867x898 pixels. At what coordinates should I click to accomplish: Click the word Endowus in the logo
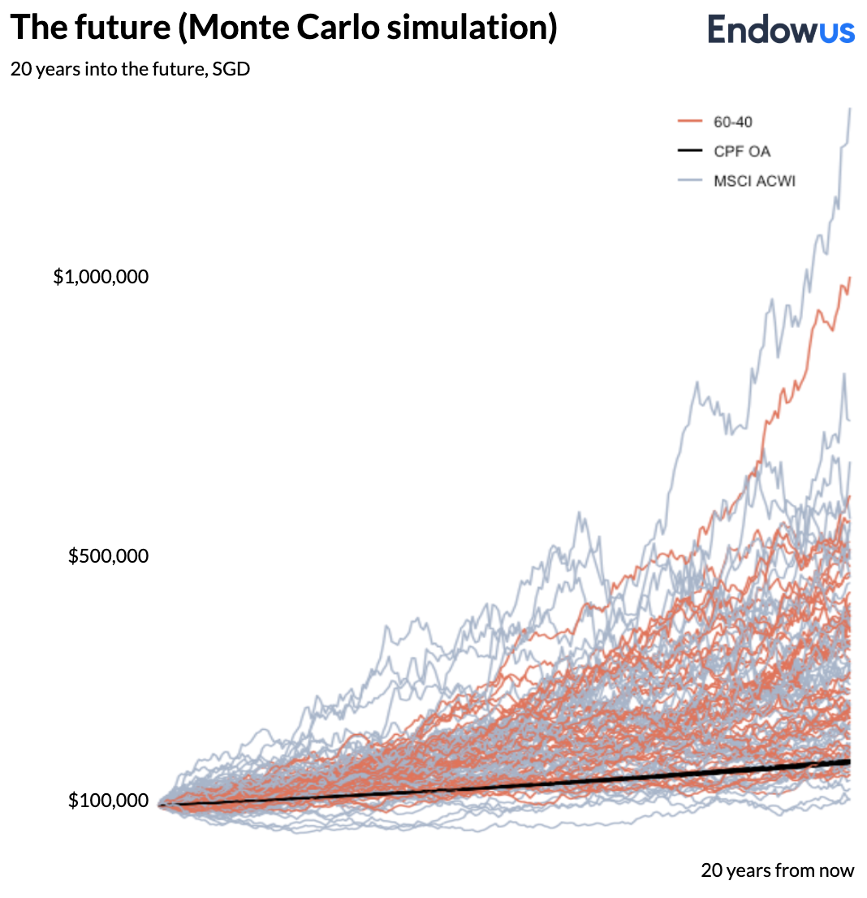click(781, 30)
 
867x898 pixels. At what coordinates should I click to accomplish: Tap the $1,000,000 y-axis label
click(101, 277)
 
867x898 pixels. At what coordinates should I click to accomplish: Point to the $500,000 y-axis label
click(108, 557)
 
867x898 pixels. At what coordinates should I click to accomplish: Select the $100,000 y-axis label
click(108, 801)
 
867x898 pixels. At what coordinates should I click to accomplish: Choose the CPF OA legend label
click(742, 151)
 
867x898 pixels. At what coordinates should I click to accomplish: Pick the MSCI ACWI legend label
click(754, 180)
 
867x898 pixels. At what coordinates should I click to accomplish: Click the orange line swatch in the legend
click(688, 123)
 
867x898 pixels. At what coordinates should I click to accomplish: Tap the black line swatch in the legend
click(688, 151)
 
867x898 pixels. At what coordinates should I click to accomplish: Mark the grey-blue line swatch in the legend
click(688, 180)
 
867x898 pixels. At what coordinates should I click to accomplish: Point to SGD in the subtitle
click(231, 69)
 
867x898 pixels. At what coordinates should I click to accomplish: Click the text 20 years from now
click(777, 870)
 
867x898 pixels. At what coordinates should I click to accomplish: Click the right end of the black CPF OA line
click(849, 762)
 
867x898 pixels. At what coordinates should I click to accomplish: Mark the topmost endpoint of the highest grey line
click(850, 109)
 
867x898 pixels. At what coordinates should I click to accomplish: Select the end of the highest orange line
click(849, 278)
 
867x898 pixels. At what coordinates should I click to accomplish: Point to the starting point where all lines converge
click(161, 805)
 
